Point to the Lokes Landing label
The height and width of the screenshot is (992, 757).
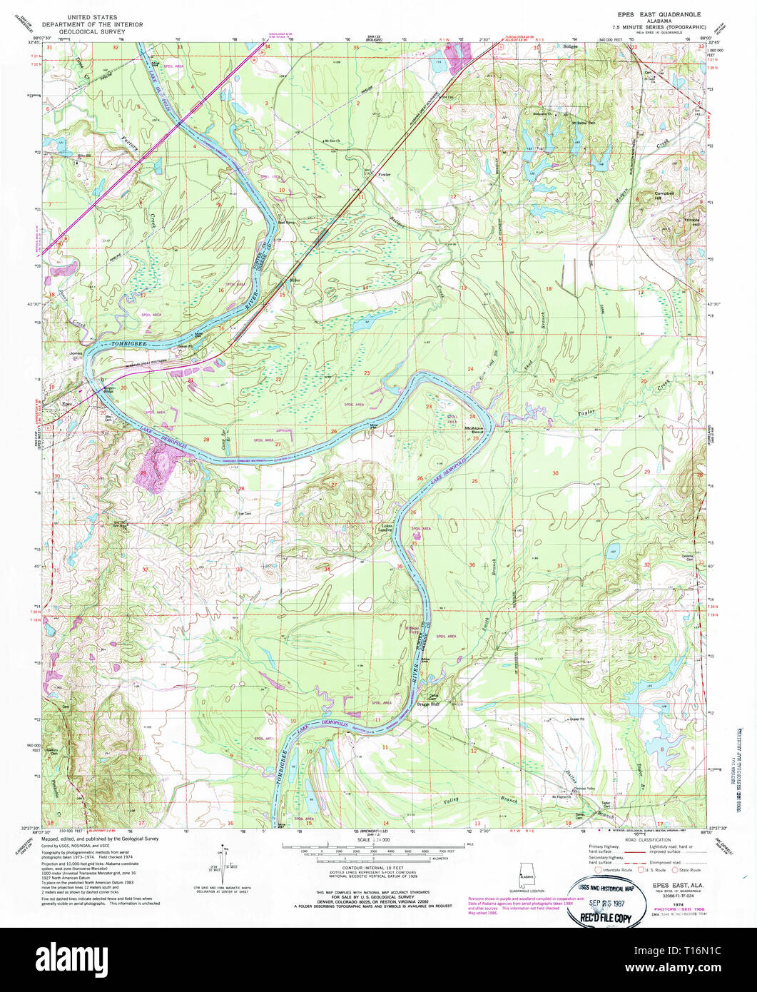click(x=385, y=529)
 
